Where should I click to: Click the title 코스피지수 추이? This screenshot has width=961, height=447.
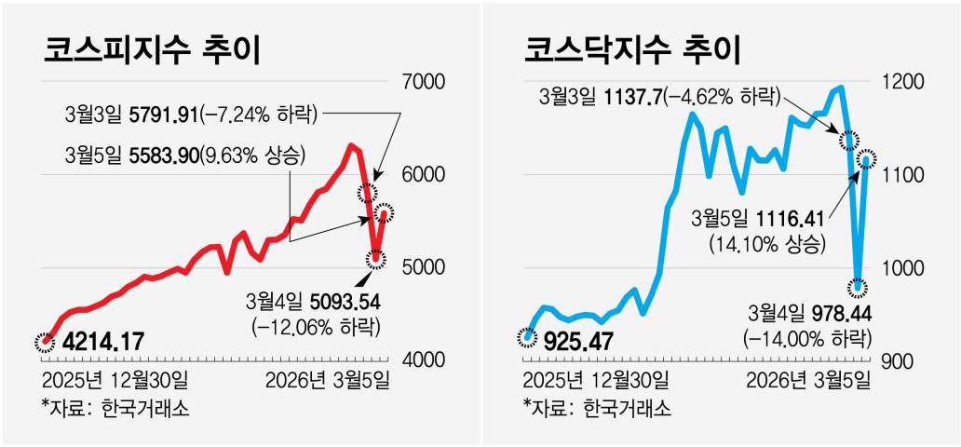pos(151,50)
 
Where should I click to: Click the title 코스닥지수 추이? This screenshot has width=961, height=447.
pos(631,50)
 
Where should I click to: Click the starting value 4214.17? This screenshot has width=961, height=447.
pos(102,342)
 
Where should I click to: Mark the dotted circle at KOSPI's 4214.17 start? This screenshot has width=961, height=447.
pos(44,342)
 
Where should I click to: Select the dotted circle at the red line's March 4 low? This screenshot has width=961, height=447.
pos(377,259)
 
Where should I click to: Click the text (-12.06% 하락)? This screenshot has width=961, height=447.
pos(316,327)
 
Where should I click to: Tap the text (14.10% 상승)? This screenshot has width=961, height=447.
pos(766,245)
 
